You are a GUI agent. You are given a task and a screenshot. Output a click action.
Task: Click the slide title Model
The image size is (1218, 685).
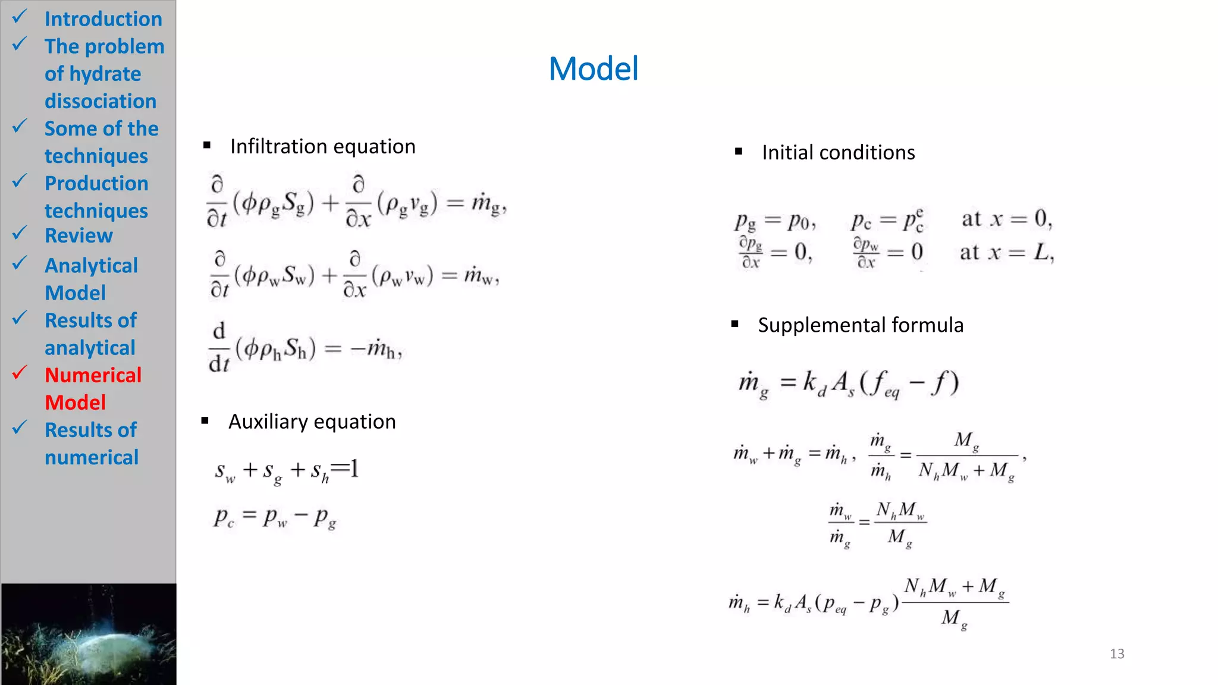coord(593,69)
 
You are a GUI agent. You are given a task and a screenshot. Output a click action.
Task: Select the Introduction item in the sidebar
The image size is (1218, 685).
coord(103,19)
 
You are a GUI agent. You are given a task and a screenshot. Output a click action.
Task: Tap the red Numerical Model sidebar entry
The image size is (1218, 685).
coord(93,388)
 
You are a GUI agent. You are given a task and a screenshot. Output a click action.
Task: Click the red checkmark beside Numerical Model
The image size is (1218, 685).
coord(20,373)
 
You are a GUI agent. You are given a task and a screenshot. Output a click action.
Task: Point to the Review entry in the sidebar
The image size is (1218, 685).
coord(79,235)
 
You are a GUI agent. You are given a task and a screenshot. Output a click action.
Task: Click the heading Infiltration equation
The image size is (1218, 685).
coord(322,146)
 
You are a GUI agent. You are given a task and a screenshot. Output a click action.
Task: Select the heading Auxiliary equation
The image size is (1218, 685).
coord(312,422)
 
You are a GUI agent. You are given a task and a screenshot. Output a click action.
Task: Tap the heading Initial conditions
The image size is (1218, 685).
coord(838,153)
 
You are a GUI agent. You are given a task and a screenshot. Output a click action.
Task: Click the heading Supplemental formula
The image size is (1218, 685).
coord(860,325)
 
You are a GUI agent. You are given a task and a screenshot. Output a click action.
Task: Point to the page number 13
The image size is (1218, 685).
coord(1116,653)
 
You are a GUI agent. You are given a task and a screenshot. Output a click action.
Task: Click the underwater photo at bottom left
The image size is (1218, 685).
coord(89,634)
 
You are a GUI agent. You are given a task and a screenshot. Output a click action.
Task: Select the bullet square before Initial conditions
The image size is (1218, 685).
coord(739,152)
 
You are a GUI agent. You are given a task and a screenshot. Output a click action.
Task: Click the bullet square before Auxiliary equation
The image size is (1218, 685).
coord(205,421)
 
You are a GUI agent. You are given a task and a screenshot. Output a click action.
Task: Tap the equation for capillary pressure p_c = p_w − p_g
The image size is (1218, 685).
coord(275,517)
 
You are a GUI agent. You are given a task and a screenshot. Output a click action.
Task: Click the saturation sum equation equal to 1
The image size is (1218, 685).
coord(287,472)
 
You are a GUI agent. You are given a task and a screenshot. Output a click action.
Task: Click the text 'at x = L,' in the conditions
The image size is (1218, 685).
coord(1007,253)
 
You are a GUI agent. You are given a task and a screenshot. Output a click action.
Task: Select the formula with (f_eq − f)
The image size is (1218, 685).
coord(849,384)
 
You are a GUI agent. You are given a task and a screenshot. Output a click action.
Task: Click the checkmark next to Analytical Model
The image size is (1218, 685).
coord(20,262)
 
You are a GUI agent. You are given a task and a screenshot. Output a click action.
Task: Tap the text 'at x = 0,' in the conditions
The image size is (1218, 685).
coord(1007,219)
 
